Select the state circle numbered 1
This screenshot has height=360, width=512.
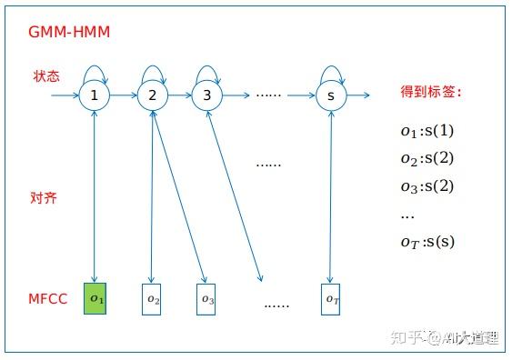(95, 95)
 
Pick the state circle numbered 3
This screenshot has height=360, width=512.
(206, 95)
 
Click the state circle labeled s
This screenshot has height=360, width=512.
(331, 95)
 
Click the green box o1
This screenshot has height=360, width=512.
(95, 298)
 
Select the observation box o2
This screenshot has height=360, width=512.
(153, 299)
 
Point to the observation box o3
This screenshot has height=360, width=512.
(206, 299)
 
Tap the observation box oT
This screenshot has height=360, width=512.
(331, 299)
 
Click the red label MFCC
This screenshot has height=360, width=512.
(46, 298)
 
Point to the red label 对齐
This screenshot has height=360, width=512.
(44, 197)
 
